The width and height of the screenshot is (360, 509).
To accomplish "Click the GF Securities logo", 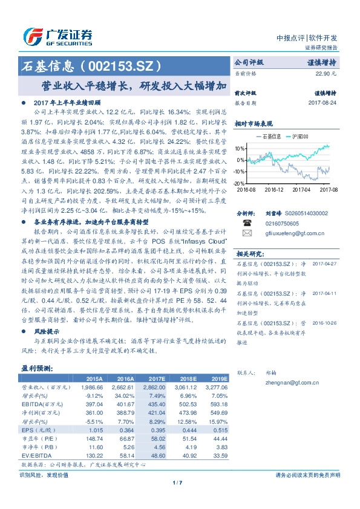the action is pos(58,36).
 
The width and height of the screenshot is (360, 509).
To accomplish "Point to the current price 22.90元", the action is pos(326,73).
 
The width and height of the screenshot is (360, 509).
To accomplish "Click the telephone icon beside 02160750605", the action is pos(246,222).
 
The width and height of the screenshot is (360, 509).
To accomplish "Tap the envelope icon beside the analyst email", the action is pos(246,232).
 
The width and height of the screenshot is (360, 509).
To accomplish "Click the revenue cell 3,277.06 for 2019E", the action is pos(217,387).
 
